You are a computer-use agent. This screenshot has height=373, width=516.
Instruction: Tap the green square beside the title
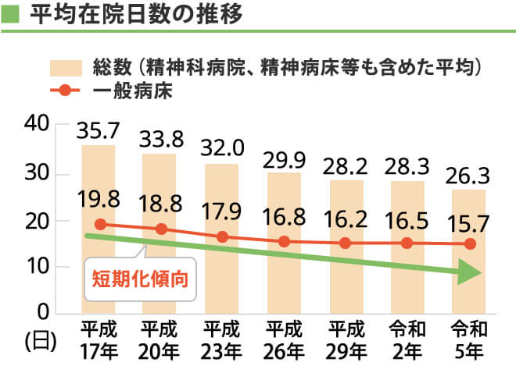coord(12,15)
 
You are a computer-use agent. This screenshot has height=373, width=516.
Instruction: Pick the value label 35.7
coord(99,130)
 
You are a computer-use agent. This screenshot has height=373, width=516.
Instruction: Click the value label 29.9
coord(284,158)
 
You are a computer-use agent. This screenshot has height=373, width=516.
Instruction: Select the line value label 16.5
coord(407,219)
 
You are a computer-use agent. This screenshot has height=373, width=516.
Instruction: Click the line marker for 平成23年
coord(222,236)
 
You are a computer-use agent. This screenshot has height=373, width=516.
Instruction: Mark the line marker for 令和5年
coord(469,244)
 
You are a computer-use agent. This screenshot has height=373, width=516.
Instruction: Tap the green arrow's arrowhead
coord(468,273)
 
